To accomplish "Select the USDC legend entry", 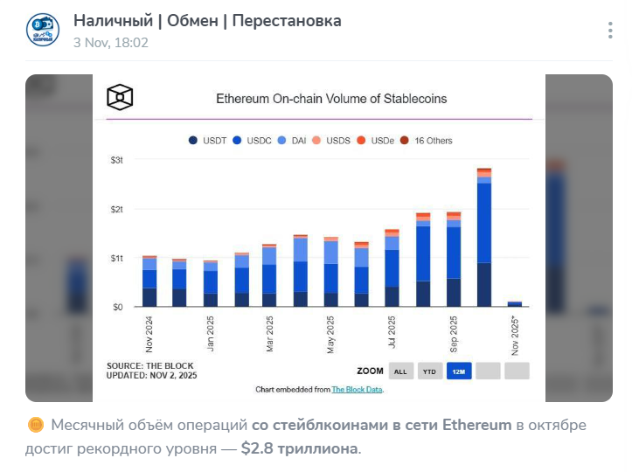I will pos(254,140).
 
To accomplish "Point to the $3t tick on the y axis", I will pos(117,160).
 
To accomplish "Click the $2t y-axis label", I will pos(117,209).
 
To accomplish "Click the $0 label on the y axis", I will pos(117,307).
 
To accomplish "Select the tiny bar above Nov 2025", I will pos(514,303).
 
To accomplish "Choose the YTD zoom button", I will pos(430,371).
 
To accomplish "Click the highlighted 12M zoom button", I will pos(459,371).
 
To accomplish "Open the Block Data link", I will pos(357,389).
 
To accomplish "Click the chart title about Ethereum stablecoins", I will pos(331,99).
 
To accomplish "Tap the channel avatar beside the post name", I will pos(43,29).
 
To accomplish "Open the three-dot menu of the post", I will pos(610,31).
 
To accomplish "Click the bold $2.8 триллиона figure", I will pos(299,448).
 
